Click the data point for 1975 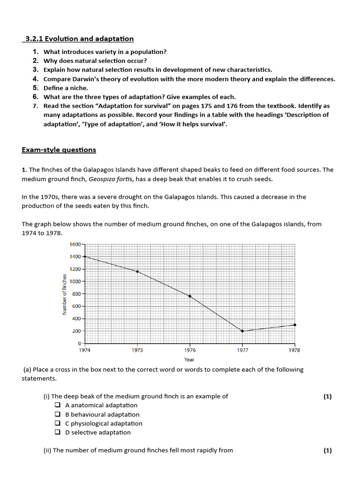click(x=137, y=271)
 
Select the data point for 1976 click(x=190, y=296)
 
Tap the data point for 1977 click(x=242, y=331)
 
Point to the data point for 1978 click(x=295, y=325)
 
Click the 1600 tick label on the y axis click(x=75, y=244)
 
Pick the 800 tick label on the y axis click(x=77, y=294)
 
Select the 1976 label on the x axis click(x=190, y=350)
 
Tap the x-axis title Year click(x=189, y=360)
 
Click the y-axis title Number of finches click(x=65, y=294)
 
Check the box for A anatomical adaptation click(x=57, y=405)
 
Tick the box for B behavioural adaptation click(x=57, y=414)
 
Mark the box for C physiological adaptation click(x=57, y=423)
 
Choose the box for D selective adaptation click(x=57, y=432)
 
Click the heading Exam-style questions click(x=59, y=150)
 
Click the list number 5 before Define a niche click(x=36, y=88)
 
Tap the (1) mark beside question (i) click(x=327, y=396)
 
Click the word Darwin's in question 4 click(x=85, y=79)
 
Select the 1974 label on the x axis click(x=85, y=350)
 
